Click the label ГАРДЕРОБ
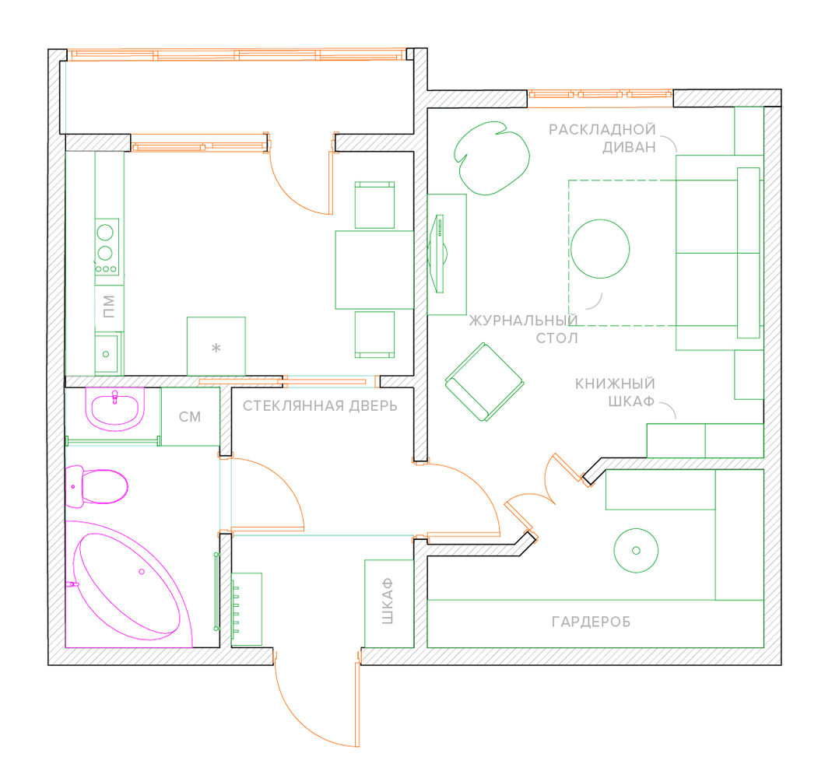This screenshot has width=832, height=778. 591,622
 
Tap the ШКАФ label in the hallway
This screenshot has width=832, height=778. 388,603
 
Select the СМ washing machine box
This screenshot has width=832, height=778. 190,417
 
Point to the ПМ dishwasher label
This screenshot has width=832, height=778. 109,307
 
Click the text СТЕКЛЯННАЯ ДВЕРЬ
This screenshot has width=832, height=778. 320,406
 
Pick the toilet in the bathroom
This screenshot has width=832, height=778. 97,486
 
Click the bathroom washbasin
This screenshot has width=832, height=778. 115,408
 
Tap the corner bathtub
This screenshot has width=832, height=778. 128,580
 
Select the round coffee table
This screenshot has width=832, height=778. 600,248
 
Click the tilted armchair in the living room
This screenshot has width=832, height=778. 483,382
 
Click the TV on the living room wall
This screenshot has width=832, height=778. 439,254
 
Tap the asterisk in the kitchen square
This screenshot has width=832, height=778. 216,348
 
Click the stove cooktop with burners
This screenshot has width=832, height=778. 107,247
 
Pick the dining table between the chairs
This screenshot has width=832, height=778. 374,269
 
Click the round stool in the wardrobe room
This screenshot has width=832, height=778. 637,551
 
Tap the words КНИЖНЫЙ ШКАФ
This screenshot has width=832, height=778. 615,393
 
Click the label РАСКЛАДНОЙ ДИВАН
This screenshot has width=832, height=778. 602,138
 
